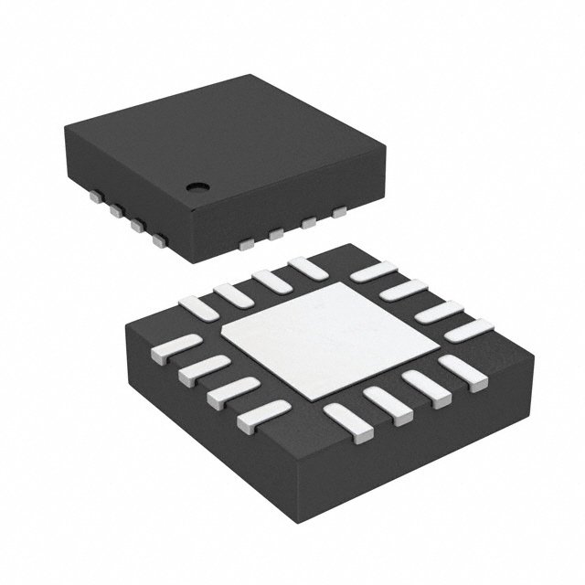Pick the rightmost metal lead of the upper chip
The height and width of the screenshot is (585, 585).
pyautogui.click(x=340, y=213)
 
